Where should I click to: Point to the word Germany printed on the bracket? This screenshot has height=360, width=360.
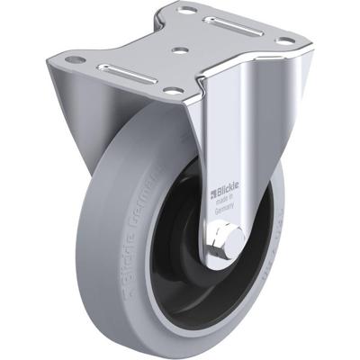tap(222, 206)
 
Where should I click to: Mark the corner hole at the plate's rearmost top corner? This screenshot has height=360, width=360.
tap(189, 10)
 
